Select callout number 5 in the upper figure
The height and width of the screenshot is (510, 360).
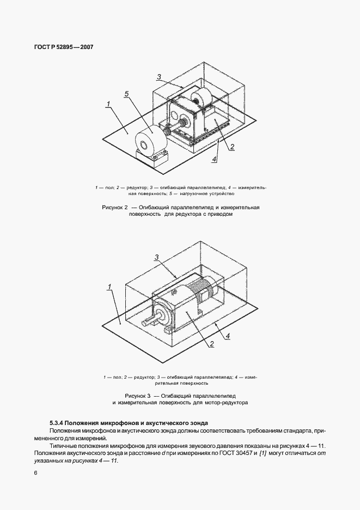126,94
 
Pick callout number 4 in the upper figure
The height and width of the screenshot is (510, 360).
214,159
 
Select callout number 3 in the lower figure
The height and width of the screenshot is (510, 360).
156,257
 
